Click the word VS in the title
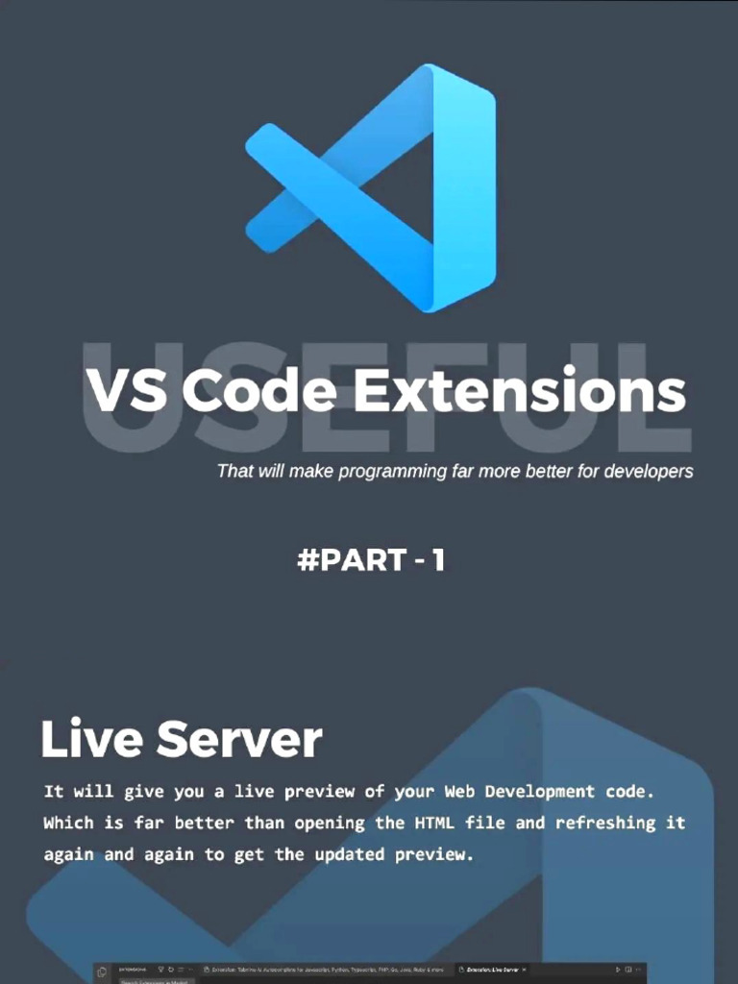click(x=126, y=392)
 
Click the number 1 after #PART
click(x=438, y=560)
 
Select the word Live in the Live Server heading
click(x=90, y=739)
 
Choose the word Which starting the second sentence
click(x=68, y=823)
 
